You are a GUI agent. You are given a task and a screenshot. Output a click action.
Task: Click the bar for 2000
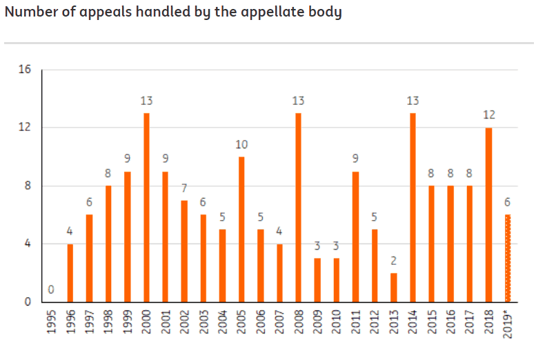click(x=146, y=207)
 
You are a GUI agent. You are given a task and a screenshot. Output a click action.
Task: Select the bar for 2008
click(x=299, y=207)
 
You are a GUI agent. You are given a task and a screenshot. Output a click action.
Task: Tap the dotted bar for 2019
click(x=508, y=258)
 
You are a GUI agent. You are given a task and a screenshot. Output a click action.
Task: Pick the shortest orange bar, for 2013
click(x=394, y=287)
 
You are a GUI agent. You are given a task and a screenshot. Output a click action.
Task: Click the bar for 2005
click(x=241, y=229)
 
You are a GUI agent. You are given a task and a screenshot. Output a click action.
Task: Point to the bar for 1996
click(x=70, y=272)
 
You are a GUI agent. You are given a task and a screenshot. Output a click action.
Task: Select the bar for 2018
click(x=489, y=214)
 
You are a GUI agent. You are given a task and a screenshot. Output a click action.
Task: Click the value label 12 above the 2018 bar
click(x=489, y=114)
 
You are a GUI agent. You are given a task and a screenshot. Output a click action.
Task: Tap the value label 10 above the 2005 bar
click(x=241, y=144)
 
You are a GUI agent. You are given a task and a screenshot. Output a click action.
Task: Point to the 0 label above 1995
click(x=51, y=290)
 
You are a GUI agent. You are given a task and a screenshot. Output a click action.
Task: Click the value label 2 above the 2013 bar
click(x=394, y=261)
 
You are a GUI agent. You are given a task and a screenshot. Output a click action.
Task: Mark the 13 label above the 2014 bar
click(x=413, y=101)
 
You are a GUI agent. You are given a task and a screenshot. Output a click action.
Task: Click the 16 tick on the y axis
click(x=25, y=70)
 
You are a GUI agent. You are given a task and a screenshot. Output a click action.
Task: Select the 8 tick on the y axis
click(x=28, y=186)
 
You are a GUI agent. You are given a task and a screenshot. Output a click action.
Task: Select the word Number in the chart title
click(x=27, y=12)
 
